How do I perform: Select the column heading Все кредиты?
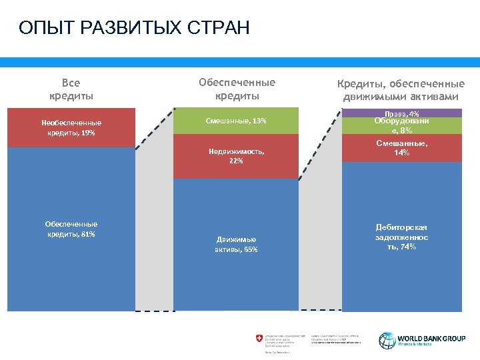coord(71,89)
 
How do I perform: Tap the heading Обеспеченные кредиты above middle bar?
coord(237,89)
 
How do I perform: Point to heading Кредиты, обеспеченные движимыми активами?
coord(401,90)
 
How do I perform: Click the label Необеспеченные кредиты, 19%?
coord(71,127)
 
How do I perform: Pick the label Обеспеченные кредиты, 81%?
coord(71,229)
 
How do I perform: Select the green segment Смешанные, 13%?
coord(236,121)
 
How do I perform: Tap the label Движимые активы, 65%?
coord(236,244)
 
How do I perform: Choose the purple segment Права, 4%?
coord(401,113)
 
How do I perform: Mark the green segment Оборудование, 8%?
coord(401,126)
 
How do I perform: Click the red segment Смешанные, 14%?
coord(401,149)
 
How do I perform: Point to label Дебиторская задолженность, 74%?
coord(401,237)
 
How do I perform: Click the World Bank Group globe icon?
coord(387,340)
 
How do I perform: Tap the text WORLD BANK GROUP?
coord(431,338)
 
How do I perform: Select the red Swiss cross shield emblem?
coord(259,339)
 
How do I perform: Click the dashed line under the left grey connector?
coord(154,311)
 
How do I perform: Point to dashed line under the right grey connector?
coord(319,310)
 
